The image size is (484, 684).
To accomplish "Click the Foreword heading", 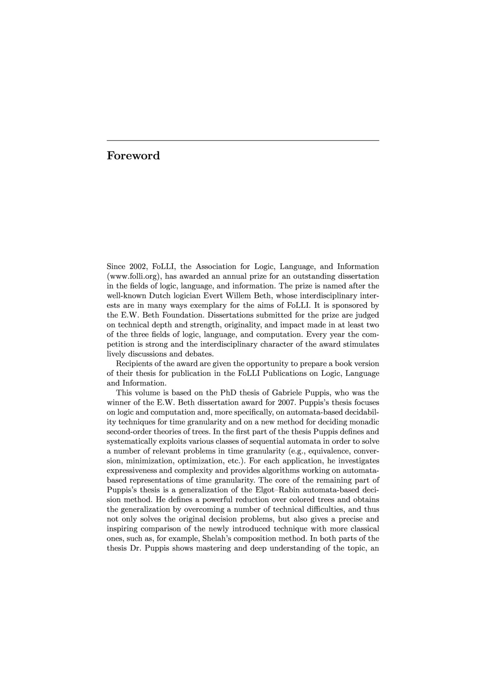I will click(x=133, y=156).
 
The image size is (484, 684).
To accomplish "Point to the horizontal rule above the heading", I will click(x=243, y=140).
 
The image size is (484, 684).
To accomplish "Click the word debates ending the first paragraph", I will click(x=200, y=354).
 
